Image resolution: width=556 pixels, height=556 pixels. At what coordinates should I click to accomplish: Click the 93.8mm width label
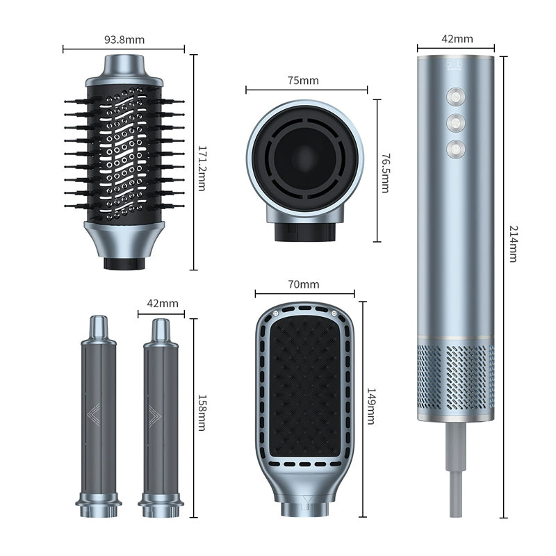coord(124,40)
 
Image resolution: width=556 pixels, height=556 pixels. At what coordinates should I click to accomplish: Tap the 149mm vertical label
coord(371,407)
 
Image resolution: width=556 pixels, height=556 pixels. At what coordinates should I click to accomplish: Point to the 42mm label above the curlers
coord(163,303)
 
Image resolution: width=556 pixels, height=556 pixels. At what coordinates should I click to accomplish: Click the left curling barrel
coord(99,417)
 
